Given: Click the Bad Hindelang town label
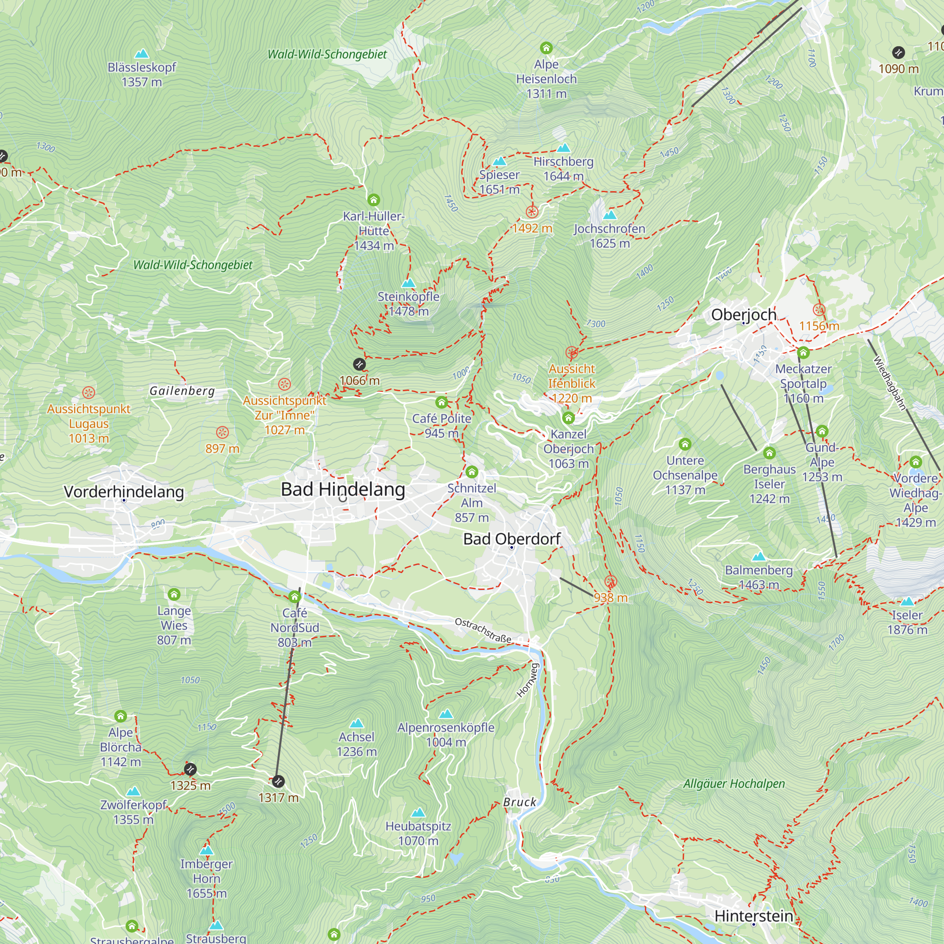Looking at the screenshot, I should [x=343, y=489].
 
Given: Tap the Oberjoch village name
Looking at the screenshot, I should [x=744, y=315].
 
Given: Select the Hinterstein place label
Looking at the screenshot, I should [x=753, y=916].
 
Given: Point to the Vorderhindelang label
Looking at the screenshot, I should [x=124, y=491].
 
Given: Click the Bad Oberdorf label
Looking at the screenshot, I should [x=512, y=539].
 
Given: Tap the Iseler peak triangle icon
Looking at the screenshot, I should [x=907, y=601].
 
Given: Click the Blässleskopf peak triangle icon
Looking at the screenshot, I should [x=142, y=53].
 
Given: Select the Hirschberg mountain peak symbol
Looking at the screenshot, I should [x=564, y=148].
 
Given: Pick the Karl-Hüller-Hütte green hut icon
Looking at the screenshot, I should [x=374, y=200].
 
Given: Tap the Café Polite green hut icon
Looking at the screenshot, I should [x=442, y=402].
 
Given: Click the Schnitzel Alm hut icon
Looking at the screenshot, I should [x=472, y=472].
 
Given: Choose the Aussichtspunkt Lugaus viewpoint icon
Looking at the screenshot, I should [x=88, y=392].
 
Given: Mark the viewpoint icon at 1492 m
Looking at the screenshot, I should [x=532, y=211].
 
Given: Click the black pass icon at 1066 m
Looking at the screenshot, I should [x=359, y=364].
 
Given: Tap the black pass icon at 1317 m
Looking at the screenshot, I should [x=278, y=781].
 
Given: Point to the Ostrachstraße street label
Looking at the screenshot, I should [x=483, y=630].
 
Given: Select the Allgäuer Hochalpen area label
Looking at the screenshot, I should [x=733, y=784].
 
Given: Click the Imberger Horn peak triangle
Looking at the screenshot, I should [x=206, y=850].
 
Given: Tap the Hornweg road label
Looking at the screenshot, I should [x=528, y=680].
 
